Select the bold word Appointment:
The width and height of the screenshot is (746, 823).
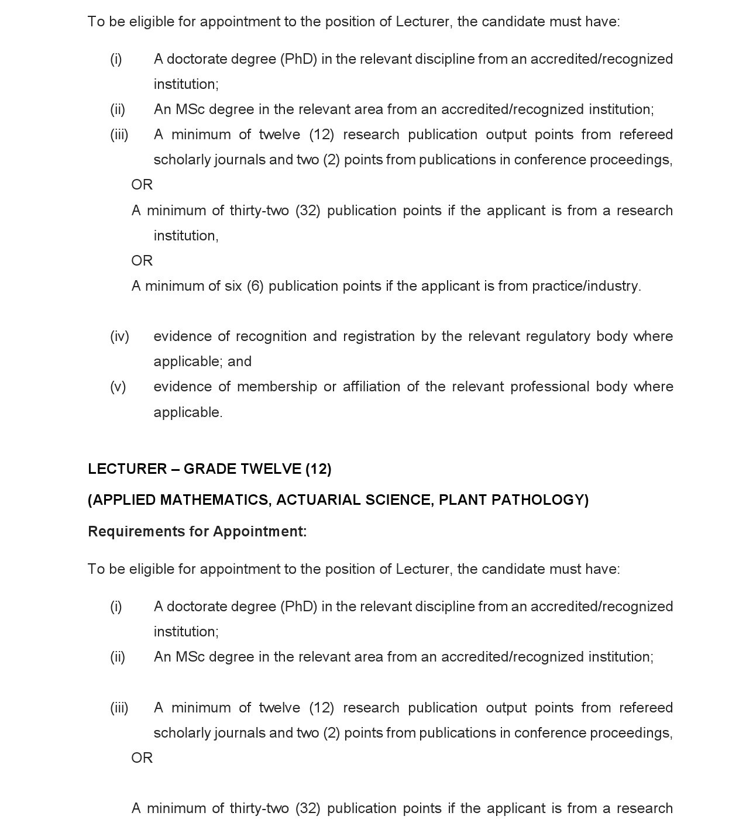[x=260, y=532]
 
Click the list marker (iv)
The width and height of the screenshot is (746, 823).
[x=119, y=336]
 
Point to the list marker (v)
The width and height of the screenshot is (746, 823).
[x=118, y=387]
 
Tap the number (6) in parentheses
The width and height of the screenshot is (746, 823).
[x=255, y=286]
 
